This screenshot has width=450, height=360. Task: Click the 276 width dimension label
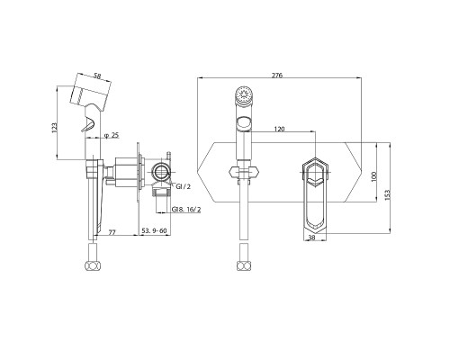(x=277, y=75)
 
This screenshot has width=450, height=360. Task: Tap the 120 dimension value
(x=279, y=129)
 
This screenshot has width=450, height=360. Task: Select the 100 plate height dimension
(x=373, y=176)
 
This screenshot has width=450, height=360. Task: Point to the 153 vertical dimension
(x=387, y=194)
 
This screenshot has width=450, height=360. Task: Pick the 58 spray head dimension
(x=97, y=76)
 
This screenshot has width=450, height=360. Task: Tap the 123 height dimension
(x=54, y=128)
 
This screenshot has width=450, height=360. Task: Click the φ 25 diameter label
(x=112, y=136)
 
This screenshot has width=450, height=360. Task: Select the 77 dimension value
(x=112, y=232)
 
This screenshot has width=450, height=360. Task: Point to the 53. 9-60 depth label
(x=154, y=230)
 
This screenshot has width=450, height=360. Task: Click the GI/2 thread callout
(x=183, y=186)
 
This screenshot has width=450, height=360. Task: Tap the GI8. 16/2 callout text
(x=186, y=210)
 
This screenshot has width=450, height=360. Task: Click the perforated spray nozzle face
(x=244, y=94)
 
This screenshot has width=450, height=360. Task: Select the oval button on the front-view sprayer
(x=244, y=123)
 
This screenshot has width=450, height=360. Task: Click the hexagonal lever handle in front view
(x=314, y=195)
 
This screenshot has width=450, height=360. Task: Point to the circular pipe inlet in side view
(x=161, y=172)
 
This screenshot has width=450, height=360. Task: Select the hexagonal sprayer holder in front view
(x=244, y=172)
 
